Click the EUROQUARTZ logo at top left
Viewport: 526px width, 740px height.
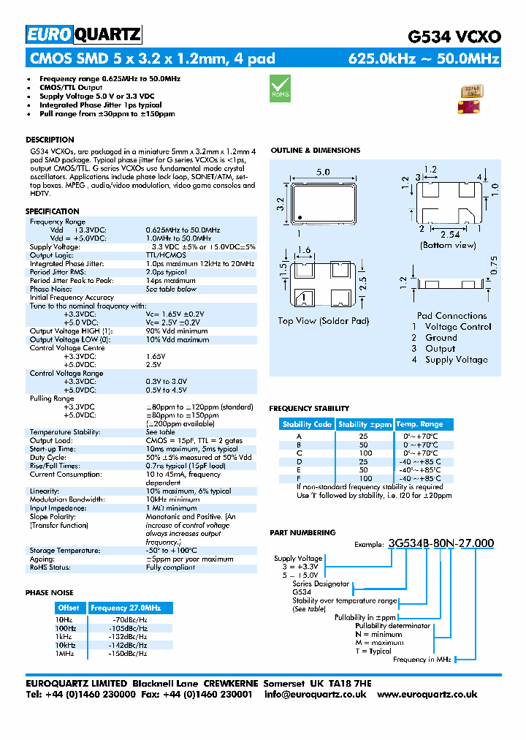pyautogui.click(x=83, y=34)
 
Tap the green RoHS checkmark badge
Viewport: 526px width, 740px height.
pyautogui.click(x=280, y=87)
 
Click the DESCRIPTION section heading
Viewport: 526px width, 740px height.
pyautogui.click(x=50, y=140)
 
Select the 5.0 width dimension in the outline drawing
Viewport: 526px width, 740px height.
pyautogui.click(x=322, y=172)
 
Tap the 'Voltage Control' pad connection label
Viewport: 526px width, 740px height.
pyautogui.click(x=458, y=327)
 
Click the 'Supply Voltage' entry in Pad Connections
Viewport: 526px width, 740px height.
pyautogui.click(x=457, y=360)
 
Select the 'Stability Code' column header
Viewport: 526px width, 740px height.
pyautogui.click(x=307, y=424)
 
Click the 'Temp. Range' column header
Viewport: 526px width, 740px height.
pyautogui.click(x=419, y=424)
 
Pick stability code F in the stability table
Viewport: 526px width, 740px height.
pyautogui.click(x=298, y=478)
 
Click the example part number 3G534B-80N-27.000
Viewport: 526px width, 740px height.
pyautogui.click(x=441, y=543)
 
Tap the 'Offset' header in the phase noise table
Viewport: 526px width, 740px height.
pyautogui.click(x=69, y=608)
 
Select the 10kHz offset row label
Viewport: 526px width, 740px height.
pyautogui.click(x=66, y=645)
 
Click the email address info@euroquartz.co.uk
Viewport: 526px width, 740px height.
pyautogui.click(x=315, y=694)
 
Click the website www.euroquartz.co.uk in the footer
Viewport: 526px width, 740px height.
pyautogui.click(x=427, y=694)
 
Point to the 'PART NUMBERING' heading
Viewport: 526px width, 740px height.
pyautogui.click(x=302, y=533)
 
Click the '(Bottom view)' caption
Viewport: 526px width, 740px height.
pyautogui.click(x=449, y=246)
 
